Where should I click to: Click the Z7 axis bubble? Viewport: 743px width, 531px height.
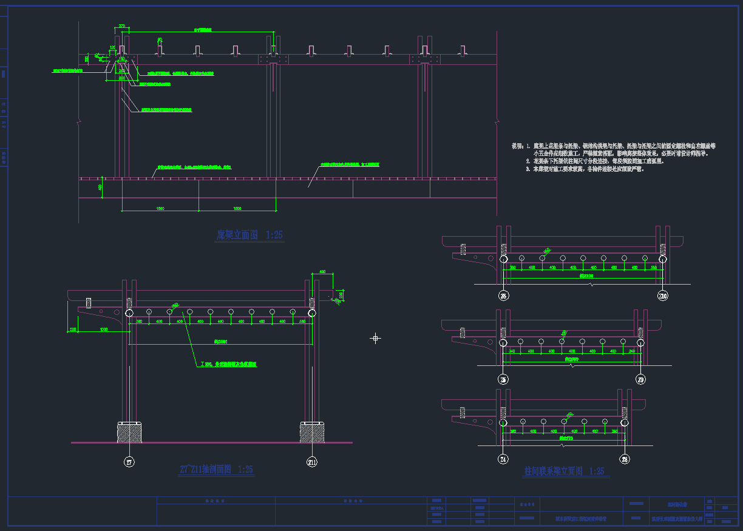click(x=129, y=462)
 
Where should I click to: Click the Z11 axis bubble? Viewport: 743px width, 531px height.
click(x=311, y=462)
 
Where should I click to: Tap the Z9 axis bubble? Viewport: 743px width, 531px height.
click(x=642, y=379)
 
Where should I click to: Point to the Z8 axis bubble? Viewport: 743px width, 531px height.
click(x=625, y=459)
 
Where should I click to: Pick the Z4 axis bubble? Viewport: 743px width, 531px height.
click(x=503, y=459)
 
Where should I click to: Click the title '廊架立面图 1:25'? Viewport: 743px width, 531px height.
click(x=249, y=235)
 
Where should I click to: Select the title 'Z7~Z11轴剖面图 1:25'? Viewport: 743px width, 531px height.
click(x=216, y=469)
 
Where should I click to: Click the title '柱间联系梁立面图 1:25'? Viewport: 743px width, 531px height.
click(x=564, y=471)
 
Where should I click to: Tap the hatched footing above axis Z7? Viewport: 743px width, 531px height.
click(x=129, y=432)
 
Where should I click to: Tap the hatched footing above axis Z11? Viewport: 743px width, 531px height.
click(x=311, y=432)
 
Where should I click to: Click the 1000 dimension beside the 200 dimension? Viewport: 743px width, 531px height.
click(x=104, y=329)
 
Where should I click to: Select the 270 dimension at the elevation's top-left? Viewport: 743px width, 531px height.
click(x=121, y=26)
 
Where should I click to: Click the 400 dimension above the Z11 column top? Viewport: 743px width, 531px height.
click(x=322, y=272)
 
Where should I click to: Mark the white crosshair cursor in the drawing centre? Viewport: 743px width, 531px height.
click(x=375, y=338)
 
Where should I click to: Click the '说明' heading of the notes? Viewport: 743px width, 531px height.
click(x=517, y=146)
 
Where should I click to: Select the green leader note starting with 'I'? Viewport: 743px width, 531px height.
click(x=228, y=365)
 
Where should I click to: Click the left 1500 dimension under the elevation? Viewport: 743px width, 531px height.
click(x=160, y=208)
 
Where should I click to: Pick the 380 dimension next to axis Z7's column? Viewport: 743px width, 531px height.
click(x=140, y=321)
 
